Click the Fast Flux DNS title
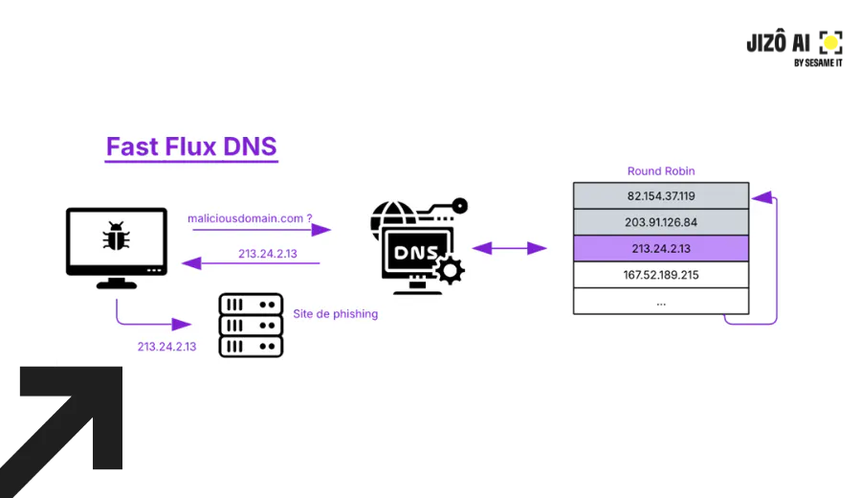pos(191,147)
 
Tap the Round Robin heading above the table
pos(660,170)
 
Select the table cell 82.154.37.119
pos(660,195)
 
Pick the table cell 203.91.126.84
pos(660,222)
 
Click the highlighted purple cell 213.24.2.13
pos(660,248)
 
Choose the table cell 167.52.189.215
pos(660,275)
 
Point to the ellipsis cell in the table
pos(660,302)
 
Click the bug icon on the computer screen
pos(116,236)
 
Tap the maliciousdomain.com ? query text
pos(250,218)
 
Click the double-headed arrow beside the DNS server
pos(509,248)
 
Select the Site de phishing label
pos(335,314)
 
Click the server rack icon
pos(251,325)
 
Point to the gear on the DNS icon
pos(451,270)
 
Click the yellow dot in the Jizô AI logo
pos(830,42)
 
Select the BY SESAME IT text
pos(818,63)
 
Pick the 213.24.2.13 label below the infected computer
pos(166,347)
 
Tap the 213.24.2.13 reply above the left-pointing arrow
pos(268,254)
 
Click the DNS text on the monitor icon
pos(416,252)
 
